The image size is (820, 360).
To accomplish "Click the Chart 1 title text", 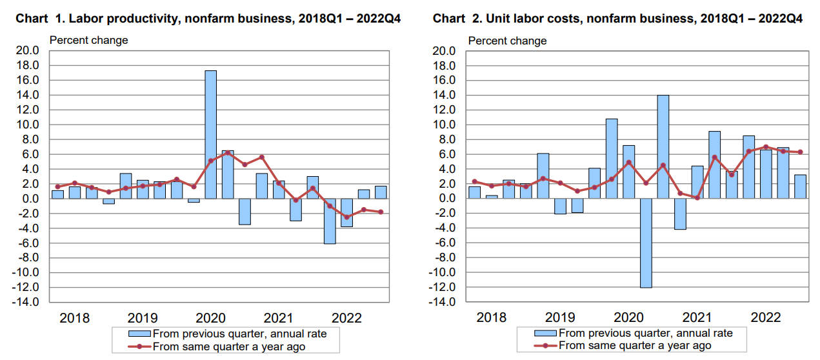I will (208, 19).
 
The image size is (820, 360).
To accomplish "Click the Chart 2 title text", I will (617, 19).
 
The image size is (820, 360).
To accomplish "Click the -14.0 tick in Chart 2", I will (445, 302).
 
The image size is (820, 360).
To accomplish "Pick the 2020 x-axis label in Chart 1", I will (210, 318).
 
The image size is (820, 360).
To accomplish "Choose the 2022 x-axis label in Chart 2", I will (766, 318).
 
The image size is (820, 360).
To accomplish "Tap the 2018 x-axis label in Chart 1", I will (75, 318).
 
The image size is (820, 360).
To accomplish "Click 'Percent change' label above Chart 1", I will (89, 40).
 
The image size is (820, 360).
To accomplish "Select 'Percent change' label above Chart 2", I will (507, 41).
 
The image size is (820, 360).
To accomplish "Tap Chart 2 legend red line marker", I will (546, 346).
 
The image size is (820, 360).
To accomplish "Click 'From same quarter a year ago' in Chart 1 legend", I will (228, 346).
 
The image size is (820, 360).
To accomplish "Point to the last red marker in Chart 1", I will (381, 212).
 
